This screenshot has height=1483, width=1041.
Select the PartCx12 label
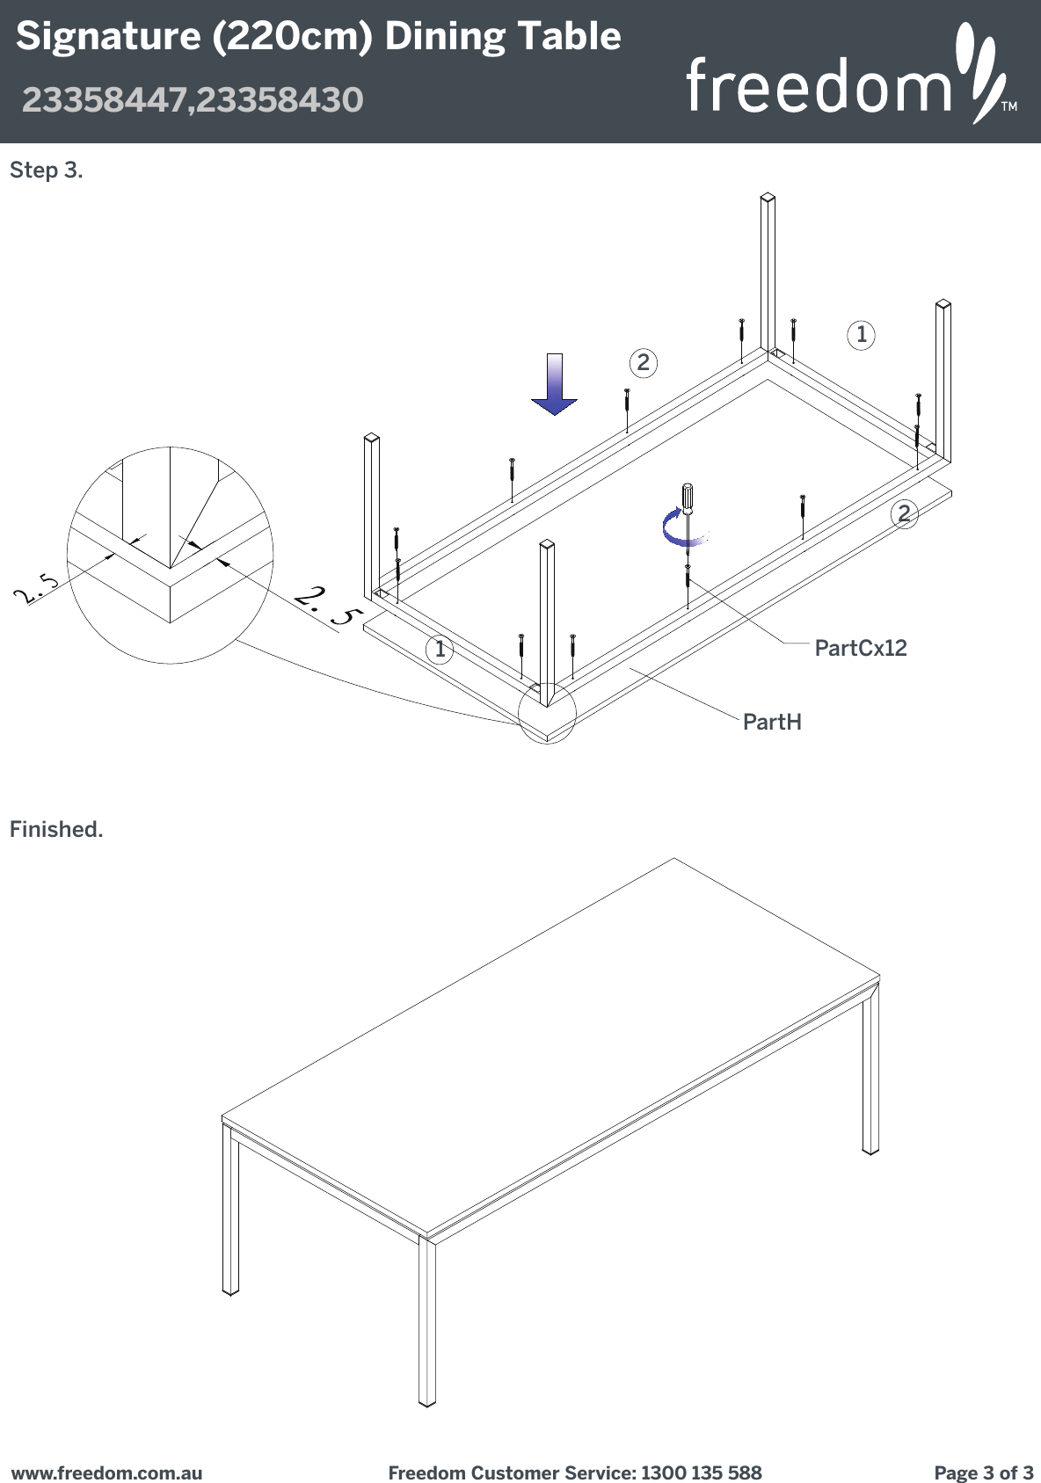860,648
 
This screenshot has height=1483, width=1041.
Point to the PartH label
772,722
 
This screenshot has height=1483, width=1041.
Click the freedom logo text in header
818,85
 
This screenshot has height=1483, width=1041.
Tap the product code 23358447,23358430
192,99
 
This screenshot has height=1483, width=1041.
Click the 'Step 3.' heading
46,171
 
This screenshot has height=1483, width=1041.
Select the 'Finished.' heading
56,829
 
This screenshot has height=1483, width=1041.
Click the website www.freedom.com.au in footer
106,1472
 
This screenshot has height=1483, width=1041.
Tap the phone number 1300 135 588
701,1472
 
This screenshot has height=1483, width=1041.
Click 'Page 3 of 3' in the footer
983,1472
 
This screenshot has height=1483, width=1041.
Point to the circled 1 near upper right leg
861,334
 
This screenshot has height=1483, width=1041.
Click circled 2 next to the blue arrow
644,362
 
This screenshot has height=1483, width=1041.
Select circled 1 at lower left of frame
440,650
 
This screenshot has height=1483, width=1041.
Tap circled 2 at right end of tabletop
904,513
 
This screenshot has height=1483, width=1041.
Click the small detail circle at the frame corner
547,712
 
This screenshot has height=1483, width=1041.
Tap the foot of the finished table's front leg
427,1399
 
